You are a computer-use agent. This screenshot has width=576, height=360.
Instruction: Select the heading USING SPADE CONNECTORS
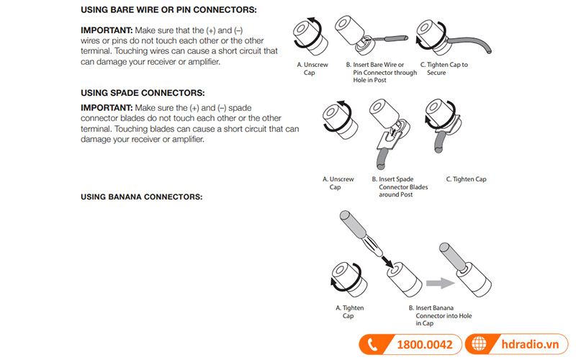[143, 93]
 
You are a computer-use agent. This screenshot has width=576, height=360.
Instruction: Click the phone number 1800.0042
[425, 345]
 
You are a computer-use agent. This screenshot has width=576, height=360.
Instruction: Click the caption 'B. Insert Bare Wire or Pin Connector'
[381, 73]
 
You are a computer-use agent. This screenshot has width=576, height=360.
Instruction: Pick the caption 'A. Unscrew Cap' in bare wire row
[313, 68]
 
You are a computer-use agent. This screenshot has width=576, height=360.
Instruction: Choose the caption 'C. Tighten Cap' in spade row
[466, 179]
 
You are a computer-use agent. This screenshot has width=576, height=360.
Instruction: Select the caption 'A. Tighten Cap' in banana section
[349, 311]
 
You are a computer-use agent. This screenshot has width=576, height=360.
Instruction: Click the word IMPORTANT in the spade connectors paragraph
[105, 107]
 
